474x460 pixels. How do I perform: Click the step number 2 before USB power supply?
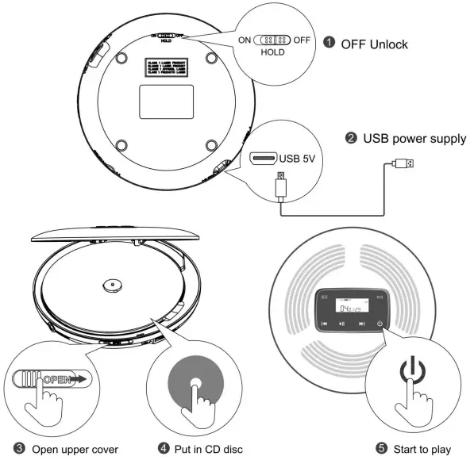pyautogui.click(x=349, y=139)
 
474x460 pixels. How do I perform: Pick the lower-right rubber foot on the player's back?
pyautogui.click(x=210, y=145)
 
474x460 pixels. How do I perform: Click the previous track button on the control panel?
pyautogui.click(x=325, y=324)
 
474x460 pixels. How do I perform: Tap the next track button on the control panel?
pyautogui.click(x=362, y=324)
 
